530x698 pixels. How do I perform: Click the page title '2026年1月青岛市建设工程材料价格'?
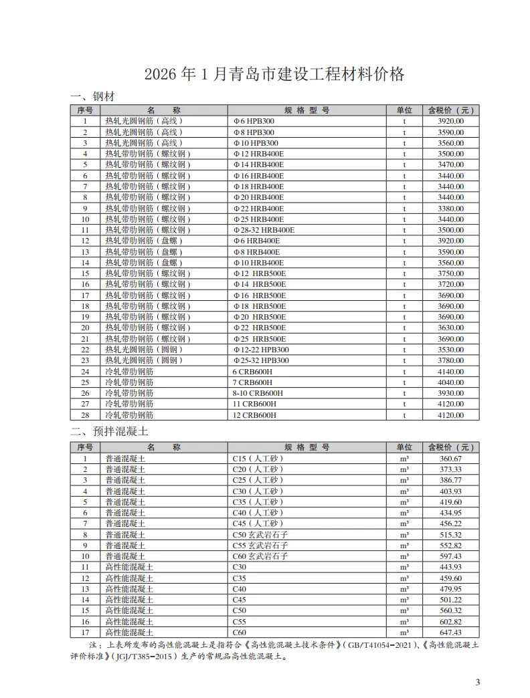pos(274,74)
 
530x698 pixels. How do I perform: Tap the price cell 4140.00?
pos(450,372)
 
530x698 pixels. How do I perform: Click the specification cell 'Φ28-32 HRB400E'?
pos(264,230)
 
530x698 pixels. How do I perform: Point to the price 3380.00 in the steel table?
pos(450,208)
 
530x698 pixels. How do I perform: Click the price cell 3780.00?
pos(450,360)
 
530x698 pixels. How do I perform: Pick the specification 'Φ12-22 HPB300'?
pos(261,350)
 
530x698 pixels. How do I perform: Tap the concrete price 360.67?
pos(450,459)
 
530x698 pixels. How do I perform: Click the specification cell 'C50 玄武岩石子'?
pos(260,535)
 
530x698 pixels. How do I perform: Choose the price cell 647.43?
pos(450,632)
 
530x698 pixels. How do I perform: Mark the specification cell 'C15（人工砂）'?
pos(258,459)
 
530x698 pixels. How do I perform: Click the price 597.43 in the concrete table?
pos(450,556)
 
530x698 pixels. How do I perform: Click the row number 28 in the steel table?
pos(85,415)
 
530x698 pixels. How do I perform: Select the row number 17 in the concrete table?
pos(85,632)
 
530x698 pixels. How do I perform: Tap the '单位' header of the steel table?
pos(404,110)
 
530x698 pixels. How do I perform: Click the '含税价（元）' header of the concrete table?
pos(450,447)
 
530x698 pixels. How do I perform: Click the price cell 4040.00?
pos(450,382)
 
